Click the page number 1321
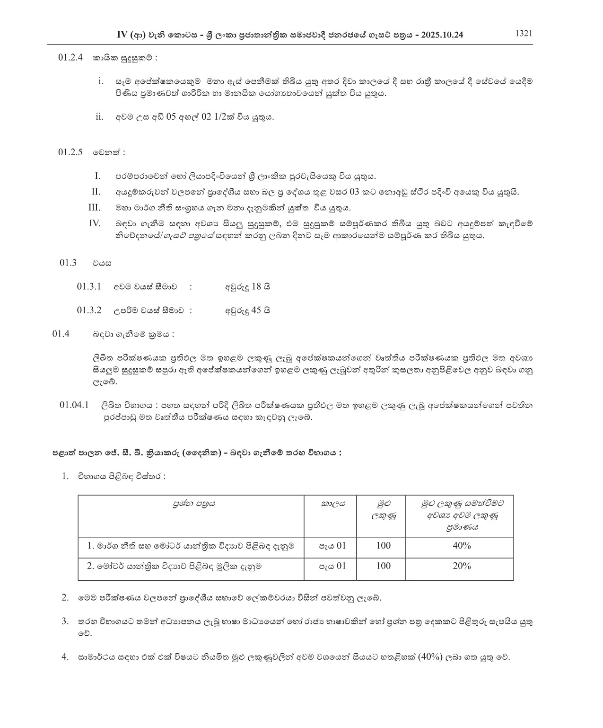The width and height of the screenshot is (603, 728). pyautogui.click(x=524, y=33)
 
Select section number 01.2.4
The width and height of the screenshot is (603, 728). pyautogui.click(x=70, y=58)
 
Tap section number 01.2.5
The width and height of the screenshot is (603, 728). pyautogui.click(x=70, y=152)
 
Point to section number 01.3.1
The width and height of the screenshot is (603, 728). pyautogui.click(x=89, y=286)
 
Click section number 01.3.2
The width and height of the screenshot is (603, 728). pyautogui.click(x=89, y=311)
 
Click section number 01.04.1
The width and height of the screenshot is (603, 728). pyautogui.click(x=75, y=405)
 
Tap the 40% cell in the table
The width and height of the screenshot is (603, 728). pyautogui.click(x=461, y=546)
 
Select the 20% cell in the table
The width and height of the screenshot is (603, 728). pyautogui.click(x=461, y=566)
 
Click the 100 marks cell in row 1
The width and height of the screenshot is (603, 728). pyautogui.click(x=383, y=546)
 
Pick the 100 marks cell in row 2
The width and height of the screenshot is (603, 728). pyautogui.click(x=383, y=566)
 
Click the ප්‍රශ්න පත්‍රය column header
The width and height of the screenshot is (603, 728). pyautogui.click(x=194, y=504)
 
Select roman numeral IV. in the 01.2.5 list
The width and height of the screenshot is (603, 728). pyautogui.click(x=95, y=223)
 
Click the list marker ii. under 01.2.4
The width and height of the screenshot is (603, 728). pyautogui.click(x=99, y=117)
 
